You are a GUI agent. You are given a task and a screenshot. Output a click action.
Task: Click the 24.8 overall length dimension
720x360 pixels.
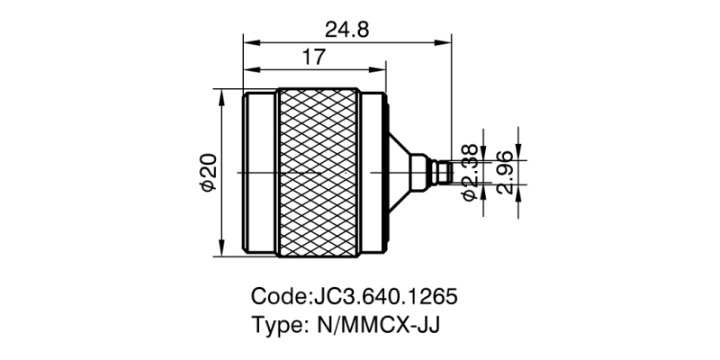[346, 29]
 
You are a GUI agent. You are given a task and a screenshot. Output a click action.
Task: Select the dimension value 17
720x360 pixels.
[312, 58]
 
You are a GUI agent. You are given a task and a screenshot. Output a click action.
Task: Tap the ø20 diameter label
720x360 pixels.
[207, 172]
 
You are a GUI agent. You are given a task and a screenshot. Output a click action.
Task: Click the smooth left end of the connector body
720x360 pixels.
[259, 172]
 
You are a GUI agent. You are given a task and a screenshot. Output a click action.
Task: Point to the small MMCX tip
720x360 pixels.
[439, 172]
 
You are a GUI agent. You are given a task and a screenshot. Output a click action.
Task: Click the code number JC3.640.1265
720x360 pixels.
[387, 296]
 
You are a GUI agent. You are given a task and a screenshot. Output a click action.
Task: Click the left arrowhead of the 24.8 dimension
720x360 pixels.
[249, 41]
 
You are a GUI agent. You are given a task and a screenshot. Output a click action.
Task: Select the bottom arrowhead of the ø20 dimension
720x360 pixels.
[221, 251]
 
